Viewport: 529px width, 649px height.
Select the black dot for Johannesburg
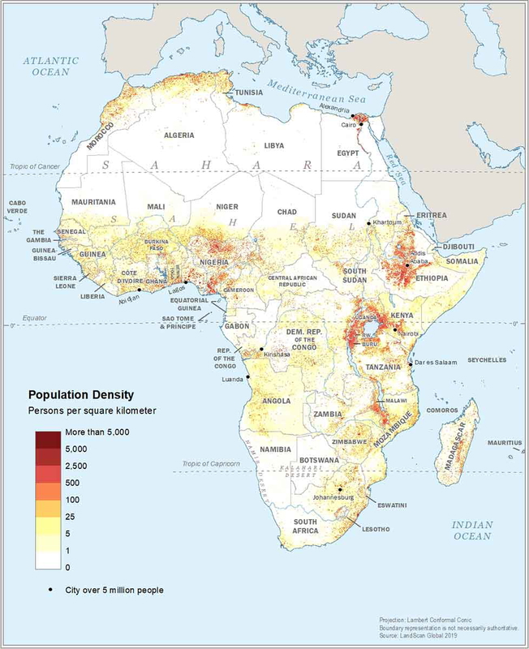click(339, 489)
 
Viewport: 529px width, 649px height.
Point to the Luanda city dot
click(248, 376)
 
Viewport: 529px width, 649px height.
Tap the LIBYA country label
click(274, 145)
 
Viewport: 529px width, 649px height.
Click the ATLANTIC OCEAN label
click(50, 66)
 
